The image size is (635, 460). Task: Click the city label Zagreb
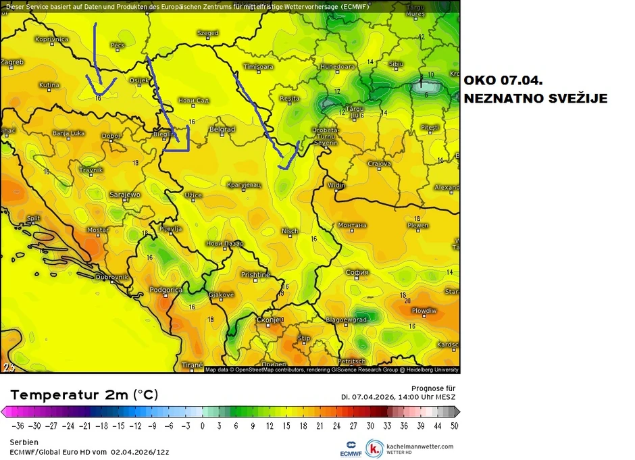click(x=12, y=62)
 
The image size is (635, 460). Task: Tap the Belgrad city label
click(x=222, y=129)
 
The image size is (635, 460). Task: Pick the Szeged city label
click(x=207, y=32)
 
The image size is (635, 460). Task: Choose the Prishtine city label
click(x=255, y=275)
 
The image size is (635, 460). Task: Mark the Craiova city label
click(x=380, y=163)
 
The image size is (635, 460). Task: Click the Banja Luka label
click(x=68, y=133)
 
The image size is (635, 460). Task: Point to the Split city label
click(x=33, y=218)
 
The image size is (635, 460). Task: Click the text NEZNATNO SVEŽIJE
click(x=535, y=99)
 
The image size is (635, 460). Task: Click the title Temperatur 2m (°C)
click(x=84, y=394)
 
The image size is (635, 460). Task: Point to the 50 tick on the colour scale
click(x=453, y=426)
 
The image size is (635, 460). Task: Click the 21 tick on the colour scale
click(x=319, y=426)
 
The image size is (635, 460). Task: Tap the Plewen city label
click(x=417, y=226)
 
